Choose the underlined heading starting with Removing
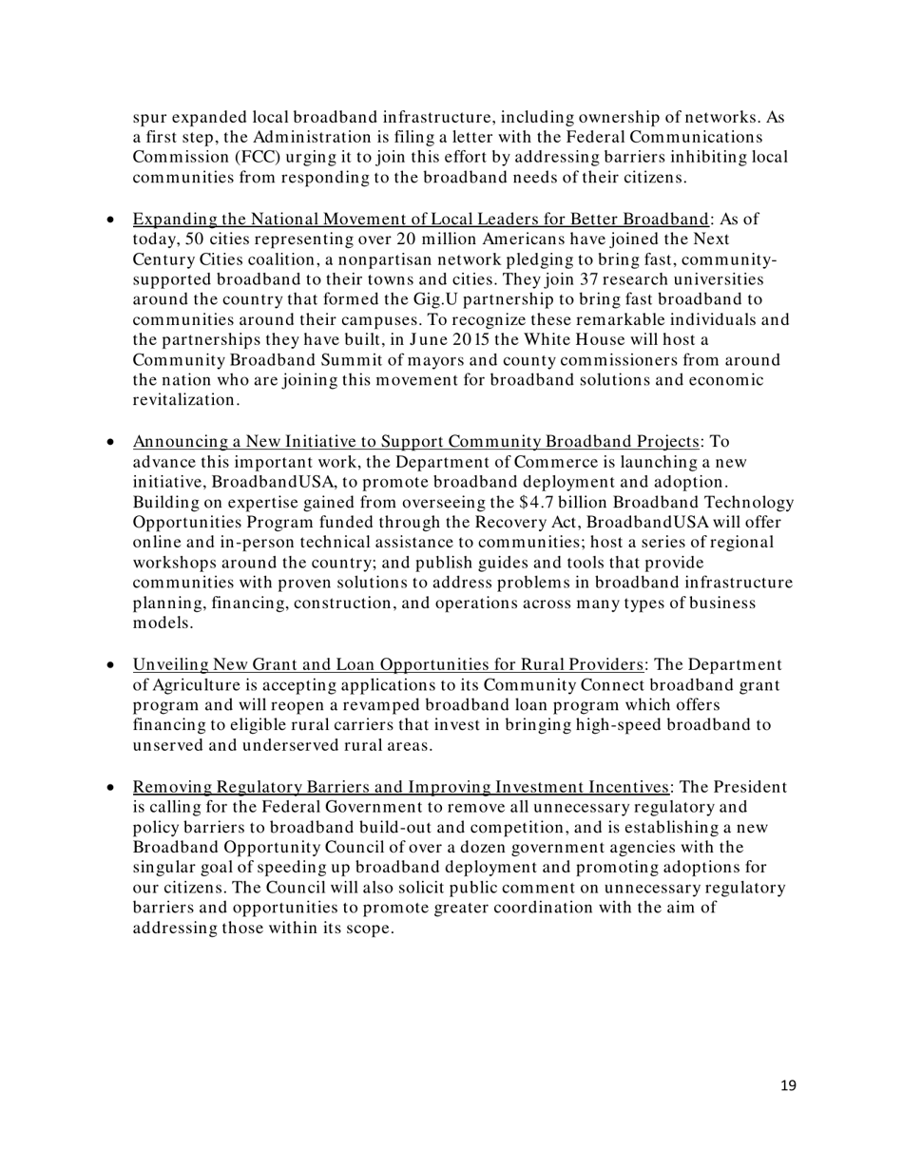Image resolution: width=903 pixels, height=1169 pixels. (x=401, y=787)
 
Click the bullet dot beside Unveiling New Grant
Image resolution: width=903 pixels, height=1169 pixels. (x=112, y=665)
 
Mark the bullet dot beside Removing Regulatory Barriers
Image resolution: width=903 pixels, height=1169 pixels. (x=112, y=788)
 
